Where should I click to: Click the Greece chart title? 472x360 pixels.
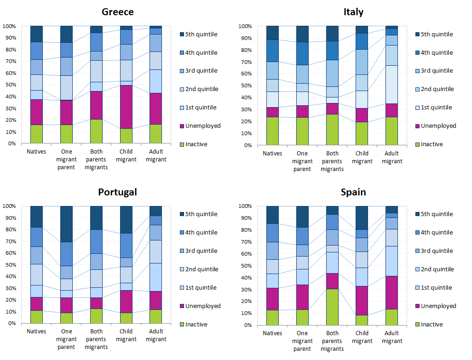[118, 12]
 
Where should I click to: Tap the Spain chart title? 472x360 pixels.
[353, 192]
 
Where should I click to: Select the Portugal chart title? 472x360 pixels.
[117, 192]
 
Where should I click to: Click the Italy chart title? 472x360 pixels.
[353, 12]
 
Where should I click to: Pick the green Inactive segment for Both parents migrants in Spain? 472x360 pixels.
[332, 307]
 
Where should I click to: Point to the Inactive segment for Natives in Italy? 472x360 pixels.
[272, 131]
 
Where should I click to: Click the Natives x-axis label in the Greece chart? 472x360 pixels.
[36, 151]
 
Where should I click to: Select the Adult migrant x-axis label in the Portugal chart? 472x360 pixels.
[156, 335]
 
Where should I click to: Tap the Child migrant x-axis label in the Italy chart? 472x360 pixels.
[362, 157]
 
